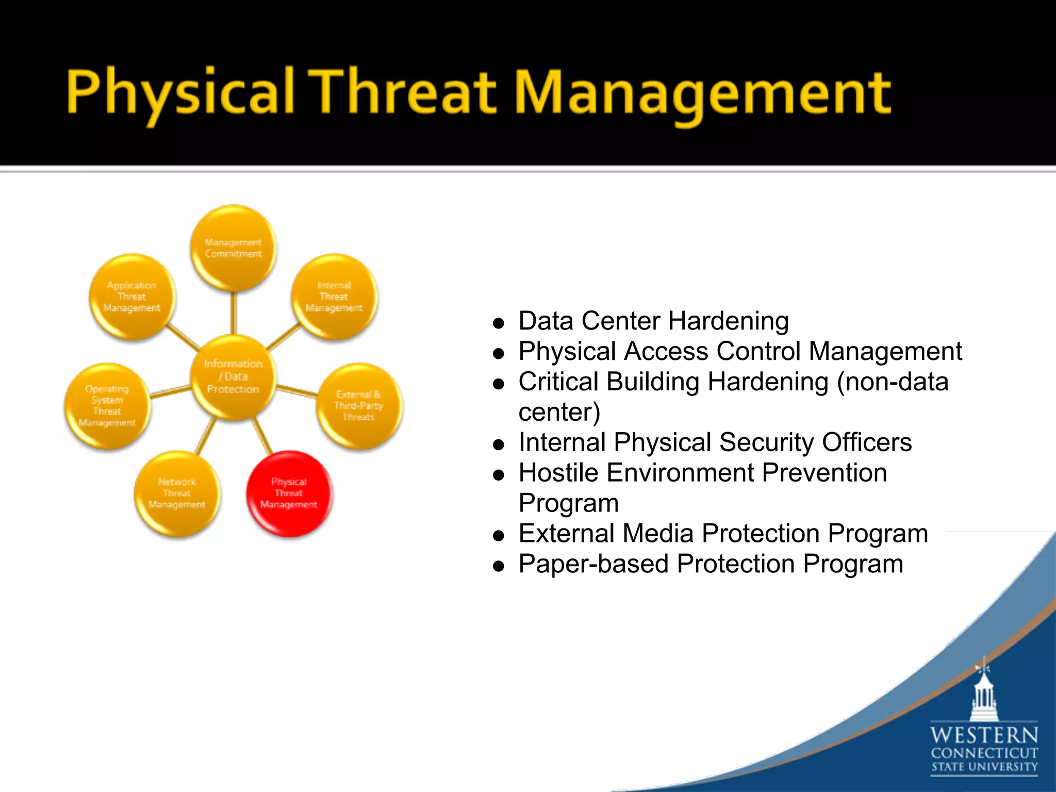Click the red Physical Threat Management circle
(x=289, y=493)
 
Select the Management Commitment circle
(x=233, y=248)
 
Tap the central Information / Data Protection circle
(x=233, y=376)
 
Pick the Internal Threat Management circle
(x=334, y=296)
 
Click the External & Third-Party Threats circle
(x=358, y=406)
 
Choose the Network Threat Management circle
(x=177, y=493)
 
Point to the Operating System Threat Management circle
(x=107, y=406)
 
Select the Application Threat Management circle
(x=132, y=296)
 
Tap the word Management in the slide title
(x=702, y=93)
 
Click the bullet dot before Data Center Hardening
(x=498, y=324)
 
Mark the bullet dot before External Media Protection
(x=498, y=536)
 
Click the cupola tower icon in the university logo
(x=984, y=694)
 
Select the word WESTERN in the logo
(x=984, y=735)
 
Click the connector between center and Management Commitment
(x=233, y=313)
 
